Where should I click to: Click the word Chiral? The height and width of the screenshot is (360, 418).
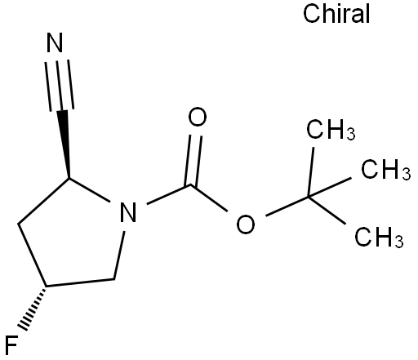(336, 14)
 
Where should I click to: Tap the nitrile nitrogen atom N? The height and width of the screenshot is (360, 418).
(55, 42)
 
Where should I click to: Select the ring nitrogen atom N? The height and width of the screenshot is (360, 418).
(128, 212)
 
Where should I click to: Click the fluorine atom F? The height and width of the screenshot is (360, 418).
(11, 345)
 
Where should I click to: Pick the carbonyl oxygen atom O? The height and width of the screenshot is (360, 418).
(198, 117)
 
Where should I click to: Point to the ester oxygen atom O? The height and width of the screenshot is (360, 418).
(246, 224)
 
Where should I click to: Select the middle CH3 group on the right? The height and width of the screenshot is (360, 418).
(385, 169)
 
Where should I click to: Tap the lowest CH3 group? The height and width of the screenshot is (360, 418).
(379, 237)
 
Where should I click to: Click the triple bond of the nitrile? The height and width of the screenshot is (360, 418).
(60, 85)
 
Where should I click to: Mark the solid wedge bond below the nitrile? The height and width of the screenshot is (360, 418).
(64, 144)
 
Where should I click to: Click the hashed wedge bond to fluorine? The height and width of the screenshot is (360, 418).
(33, 308)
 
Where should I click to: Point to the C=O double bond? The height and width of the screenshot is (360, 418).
(193, 160)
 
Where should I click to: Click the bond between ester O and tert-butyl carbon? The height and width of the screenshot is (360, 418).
(287, 206)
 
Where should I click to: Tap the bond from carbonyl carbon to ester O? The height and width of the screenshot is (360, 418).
(209, 198)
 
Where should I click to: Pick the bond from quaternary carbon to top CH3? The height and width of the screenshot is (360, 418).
(311, 172)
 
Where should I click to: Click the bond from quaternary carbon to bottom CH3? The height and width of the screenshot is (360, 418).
(327, 211)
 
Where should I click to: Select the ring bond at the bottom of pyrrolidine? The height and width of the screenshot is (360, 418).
(80, 282)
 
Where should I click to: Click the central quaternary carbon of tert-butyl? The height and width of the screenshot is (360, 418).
(309, 197)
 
